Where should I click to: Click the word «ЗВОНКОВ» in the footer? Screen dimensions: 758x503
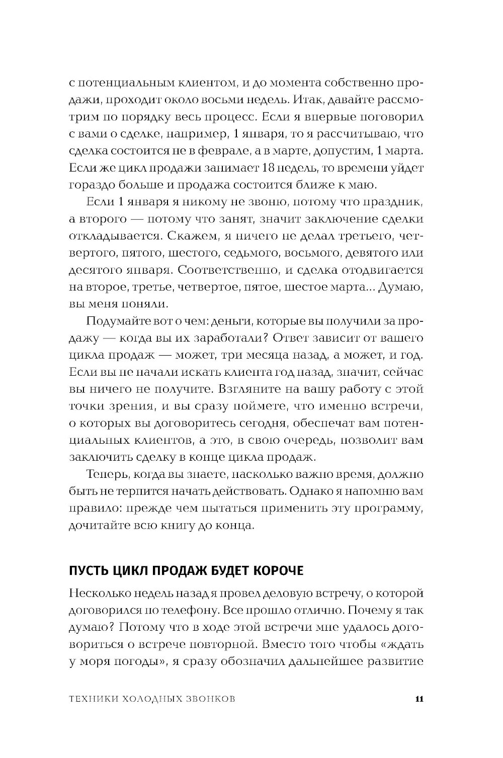[x=210, y=699]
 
